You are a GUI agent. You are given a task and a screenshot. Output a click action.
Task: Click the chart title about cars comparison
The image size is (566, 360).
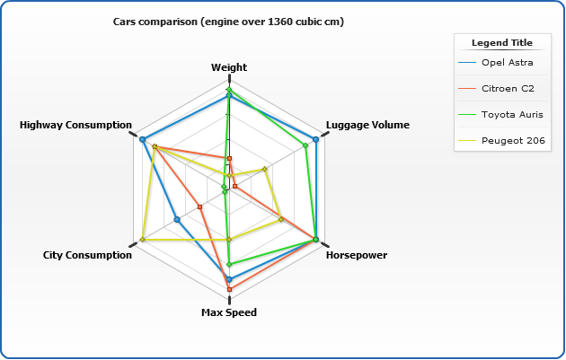228,21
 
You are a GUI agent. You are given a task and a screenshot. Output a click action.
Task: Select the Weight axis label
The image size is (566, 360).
229,67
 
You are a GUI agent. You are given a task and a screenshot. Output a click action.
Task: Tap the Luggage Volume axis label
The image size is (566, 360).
367,125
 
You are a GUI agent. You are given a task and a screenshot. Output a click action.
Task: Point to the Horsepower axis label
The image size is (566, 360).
357,255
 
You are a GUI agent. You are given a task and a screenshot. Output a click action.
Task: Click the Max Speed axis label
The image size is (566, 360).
229,312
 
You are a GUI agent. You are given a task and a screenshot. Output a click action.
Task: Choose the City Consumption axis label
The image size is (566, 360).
87,255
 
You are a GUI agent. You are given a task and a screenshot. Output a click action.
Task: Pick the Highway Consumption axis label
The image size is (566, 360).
75,125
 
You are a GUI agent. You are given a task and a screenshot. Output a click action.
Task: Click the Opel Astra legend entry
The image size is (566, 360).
507,63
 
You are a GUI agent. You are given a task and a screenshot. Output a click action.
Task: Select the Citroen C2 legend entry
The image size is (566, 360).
508,88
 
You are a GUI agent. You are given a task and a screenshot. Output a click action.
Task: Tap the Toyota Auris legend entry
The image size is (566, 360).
511,114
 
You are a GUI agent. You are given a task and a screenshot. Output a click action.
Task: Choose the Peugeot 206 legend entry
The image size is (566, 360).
511,140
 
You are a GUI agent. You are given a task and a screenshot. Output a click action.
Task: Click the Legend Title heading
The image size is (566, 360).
502,42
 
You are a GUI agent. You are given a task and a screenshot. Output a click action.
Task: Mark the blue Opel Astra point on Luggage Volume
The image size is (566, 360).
316,139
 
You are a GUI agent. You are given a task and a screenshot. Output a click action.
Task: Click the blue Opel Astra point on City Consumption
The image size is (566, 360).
177,219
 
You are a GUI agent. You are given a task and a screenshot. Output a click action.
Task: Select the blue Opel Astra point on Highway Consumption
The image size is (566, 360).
143,139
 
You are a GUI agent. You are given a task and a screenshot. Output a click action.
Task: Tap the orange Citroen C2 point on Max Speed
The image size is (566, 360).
229,289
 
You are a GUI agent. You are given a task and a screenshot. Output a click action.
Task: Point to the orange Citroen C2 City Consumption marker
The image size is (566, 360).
200,206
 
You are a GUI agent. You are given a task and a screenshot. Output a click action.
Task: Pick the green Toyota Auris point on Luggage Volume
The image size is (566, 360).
306,145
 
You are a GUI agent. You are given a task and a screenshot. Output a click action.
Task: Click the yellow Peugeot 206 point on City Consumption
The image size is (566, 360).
143,240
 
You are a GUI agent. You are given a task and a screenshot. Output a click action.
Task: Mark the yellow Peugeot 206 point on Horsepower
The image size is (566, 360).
280,218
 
